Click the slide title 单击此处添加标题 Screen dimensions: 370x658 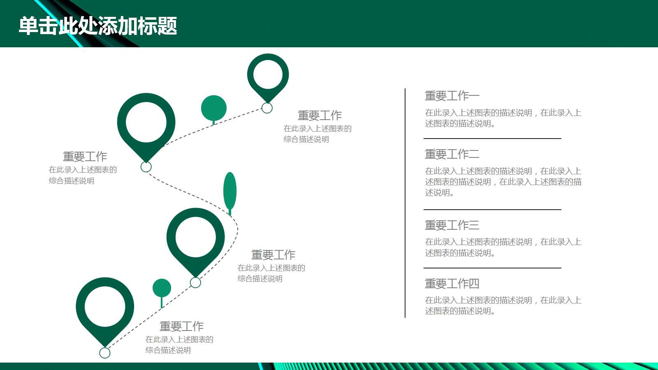[x=98, y=26]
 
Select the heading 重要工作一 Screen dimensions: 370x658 [x=452, y=96]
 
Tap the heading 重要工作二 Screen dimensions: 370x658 [x=452, y=155]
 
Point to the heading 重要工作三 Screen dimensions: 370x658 [x=452, y=225]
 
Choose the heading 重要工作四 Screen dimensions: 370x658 [x=452, y=284]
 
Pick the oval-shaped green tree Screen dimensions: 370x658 [x=230, y=191]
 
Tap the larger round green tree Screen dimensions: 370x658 [x=214, y=108]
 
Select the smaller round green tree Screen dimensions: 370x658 [x=162, y=288]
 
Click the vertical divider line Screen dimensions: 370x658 [x=405, y=203]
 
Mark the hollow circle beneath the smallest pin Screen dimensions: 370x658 [x=267, y=108]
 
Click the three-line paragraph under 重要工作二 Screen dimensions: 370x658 [x=503, y=182]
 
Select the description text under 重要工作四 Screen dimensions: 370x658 [x=503, y=305]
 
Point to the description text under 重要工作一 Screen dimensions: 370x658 [x=503, y=118]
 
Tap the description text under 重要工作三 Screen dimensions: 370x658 [x=503, y=247]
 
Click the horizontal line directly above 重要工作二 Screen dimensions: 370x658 [x=492, y=139]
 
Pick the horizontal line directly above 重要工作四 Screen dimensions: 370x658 [x=492, y=268]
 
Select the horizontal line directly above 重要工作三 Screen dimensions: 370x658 [x=492, y=210]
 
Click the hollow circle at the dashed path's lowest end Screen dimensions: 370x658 [x=105, y=353]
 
